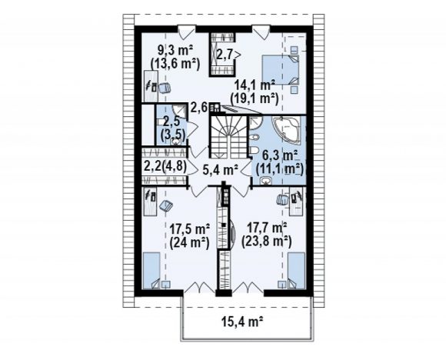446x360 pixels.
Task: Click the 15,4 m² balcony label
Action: (x=241, y=322)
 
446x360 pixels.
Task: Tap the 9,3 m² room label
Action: (x=175, y=51)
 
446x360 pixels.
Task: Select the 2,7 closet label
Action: (x=225, y=54)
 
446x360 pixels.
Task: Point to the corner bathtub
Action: (x=286, y=130)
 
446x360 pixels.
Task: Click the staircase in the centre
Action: (x=228, y=137)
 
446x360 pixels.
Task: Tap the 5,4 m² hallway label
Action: (x=220, y=170)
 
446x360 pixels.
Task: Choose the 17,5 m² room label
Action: (x=189, y=228)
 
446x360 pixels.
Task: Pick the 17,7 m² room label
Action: (x=267, y=228)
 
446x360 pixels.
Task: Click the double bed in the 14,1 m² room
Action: (x=281, y=69)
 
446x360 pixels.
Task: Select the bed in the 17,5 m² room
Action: (x=151, y=271)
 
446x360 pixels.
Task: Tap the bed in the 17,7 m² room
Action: (x=296, y=271)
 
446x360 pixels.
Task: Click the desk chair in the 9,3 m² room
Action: (x=165, y=88)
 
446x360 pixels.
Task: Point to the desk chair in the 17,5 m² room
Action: (x=166, y=205)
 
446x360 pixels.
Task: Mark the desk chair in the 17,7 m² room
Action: (x=282, y=200)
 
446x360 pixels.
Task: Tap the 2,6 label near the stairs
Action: (x=199, y=108)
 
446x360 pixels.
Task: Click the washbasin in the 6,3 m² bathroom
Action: (x=266, y=181)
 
